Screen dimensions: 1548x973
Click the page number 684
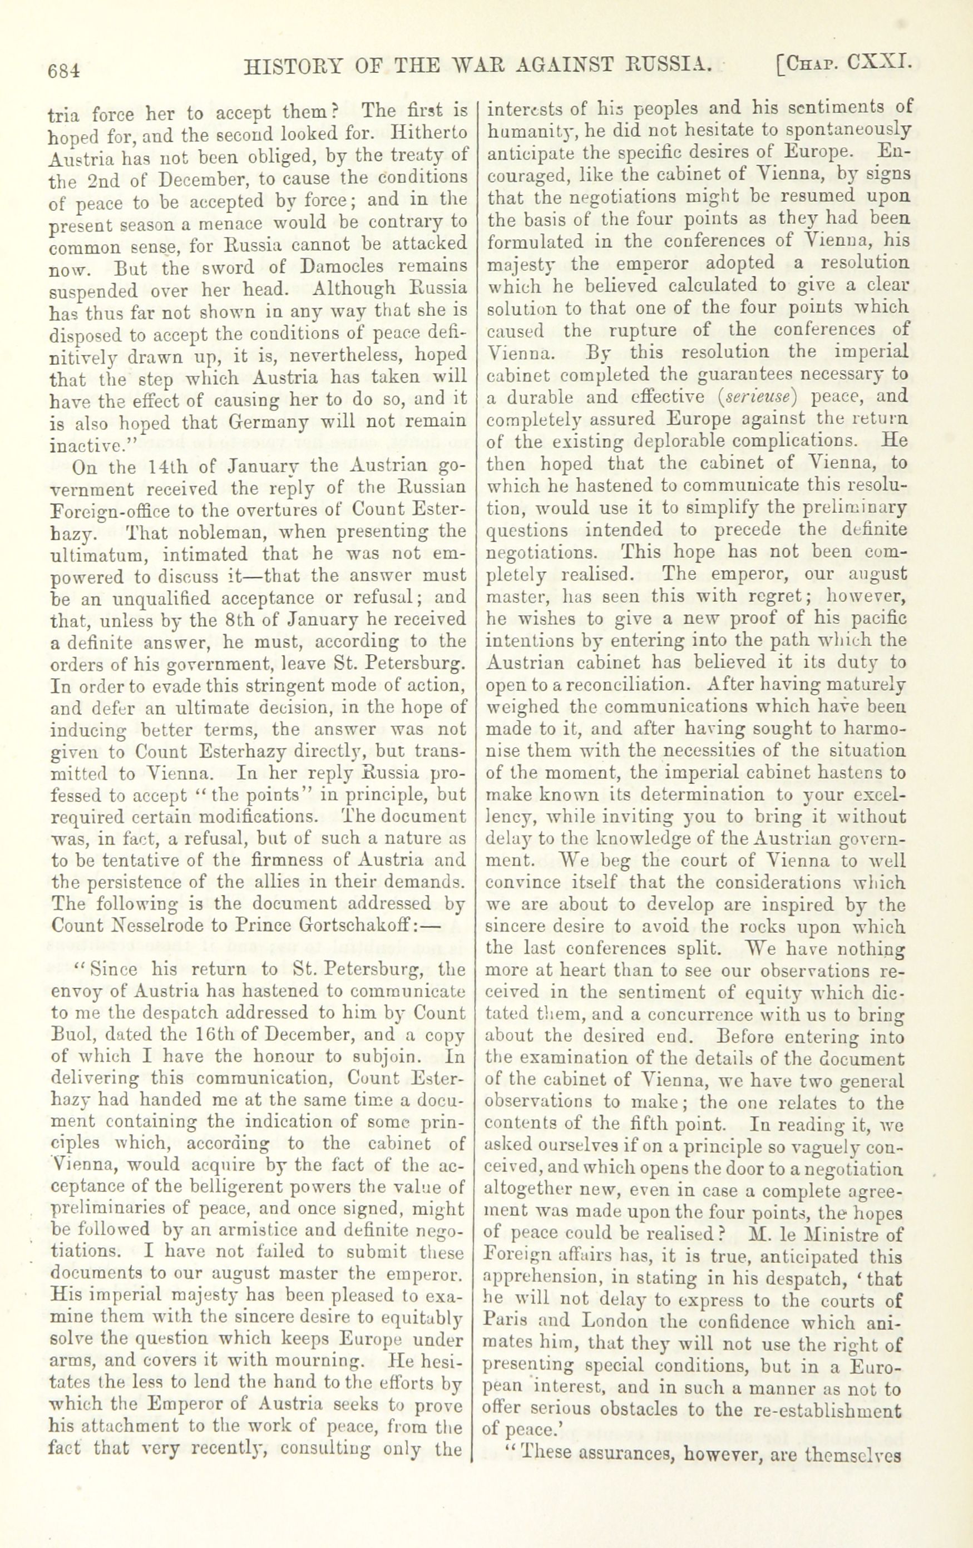(x=62, y=70)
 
